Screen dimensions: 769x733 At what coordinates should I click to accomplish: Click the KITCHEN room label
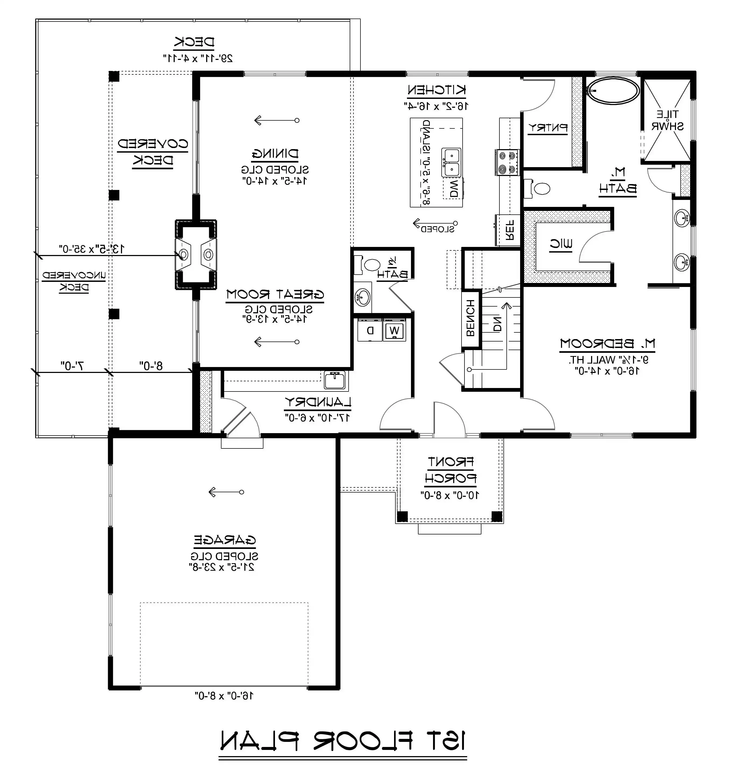tap(437, 90)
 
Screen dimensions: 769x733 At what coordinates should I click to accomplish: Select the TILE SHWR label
tap(667, 120)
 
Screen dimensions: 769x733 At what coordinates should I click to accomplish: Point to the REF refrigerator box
tap(509, 231)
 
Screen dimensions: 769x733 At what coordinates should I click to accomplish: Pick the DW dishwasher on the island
tap(453, 188)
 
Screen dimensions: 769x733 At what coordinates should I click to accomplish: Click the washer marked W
tap(395, 330)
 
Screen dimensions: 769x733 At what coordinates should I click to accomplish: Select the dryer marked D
tap(370, 330)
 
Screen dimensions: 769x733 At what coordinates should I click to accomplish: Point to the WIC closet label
tap(561, 245)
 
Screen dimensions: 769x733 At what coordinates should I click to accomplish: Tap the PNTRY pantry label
tap(548, 127)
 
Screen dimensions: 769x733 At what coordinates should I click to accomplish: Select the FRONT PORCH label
tap(450, 470)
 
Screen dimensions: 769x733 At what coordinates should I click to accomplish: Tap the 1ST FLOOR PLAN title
tap(343, 741)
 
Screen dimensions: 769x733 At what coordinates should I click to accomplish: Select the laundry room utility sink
tap(335, 380)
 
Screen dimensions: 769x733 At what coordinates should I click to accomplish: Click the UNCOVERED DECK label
tap(74, 281)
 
